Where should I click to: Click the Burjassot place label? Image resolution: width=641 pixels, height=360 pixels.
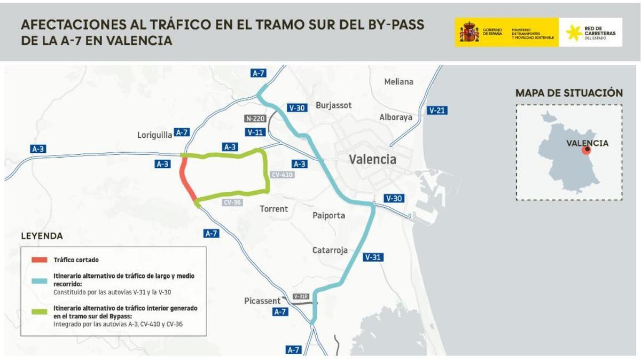click(x=333, y=105)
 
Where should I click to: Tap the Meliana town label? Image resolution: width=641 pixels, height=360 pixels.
click(x=398, y=82)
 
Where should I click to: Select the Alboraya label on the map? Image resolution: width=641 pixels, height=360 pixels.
click(x=396, y=117)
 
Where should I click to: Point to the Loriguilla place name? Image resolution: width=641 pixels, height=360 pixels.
click(x=153, y=136)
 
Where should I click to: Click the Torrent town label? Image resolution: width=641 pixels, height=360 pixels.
click(x=273, y=209)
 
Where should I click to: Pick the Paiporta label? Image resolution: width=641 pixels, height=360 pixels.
click(x=329, y=215)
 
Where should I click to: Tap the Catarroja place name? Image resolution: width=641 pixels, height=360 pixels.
click(x=330, y=250)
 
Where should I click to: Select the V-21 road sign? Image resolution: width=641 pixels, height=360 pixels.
click(x=437, y=111)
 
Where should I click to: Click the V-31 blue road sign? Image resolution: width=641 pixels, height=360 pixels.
click(x=373, y=257)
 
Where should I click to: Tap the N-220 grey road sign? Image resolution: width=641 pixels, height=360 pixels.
click(x=255, y=119)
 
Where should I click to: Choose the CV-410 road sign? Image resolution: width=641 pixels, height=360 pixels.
click(x=283, y=175)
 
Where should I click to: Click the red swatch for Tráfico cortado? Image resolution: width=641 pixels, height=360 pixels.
click(x=39, y=260)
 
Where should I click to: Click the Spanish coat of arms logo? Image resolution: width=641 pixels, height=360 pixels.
click(x=469, y=32)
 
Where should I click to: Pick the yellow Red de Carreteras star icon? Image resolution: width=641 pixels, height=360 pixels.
click(x=574, y=32)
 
